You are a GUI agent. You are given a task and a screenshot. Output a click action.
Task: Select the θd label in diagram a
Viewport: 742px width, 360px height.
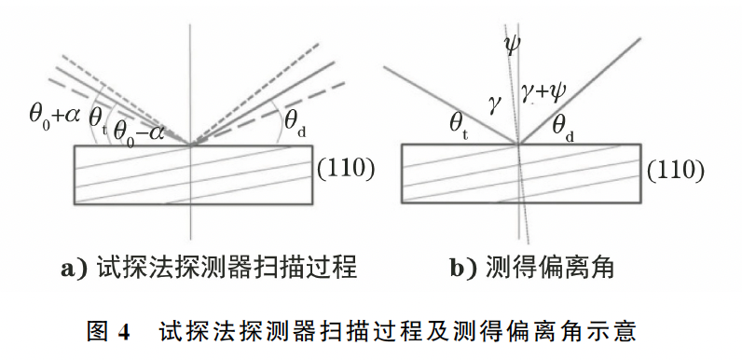tap(295, 124)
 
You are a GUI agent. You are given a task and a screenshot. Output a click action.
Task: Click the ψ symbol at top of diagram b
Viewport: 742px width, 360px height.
tap(513, 45)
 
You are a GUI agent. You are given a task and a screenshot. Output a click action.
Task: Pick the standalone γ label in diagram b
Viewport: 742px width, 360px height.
tap(493, 106)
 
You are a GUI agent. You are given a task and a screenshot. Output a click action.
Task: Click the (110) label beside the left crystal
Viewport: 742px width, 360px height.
tap(346, 170)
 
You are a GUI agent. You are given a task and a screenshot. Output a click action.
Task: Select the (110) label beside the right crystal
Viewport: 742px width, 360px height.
tap(675, 171)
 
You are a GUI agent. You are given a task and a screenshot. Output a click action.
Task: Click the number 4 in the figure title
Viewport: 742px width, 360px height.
tap(123, 333)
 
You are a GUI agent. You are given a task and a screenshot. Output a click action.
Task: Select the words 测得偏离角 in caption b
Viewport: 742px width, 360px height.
tap(549, 268)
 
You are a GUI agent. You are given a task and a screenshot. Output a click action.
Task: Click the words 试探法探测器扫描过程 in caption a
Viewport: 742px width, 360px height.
tap(227, 268)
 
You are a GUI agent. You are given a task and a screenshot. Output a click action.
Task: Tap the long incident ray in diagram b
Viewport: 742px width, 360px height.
tap(451, 105)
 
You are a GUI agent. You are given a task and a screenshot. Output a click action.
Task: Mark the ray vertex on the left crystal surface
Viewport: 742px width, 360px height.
tap(190, 145)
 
